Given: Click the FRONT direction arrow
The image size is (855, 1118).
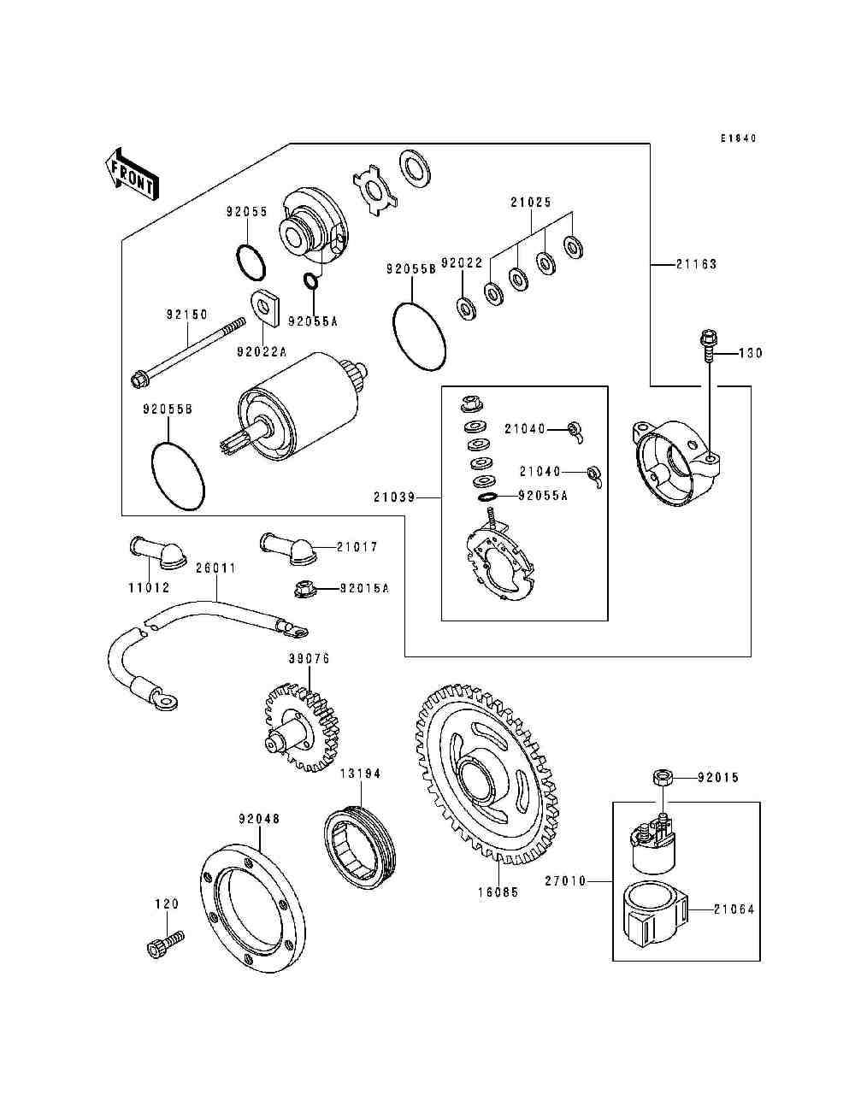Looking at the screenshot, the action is coord(132,174).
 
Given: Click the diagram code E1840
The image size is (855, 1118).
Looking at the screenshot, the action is coord(739,138).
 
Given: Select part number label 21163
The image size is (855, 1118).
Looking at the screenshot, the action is coord(696,264).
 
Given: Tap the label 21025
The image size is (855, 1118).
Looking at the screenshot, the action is coord(531,203).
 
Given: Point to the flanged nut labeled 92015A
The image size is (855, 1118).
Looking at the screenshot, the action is coord(304,588).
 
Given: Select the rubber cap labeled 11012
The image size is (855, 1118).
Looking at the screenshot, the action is coord(157,551).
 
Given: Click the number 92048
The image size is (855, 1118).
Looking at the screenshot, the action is coord(259,819).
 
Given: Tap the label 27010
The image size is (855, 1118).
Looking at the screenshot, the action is coord(566,880).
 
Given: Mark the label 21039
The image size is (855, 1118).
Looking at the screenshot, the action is coord(394,497).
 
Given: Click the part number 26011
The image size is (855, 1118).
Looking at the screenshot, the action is coord(216,568).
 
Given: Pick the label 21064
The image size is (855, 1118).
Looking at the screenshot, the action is coord(734,909).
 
